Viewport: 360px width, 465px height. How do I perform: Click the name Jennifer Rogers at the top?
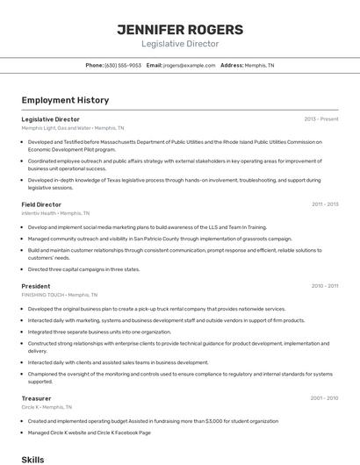click(180, 29)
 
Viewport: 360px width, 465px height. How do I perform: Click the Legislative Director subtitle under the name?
click(180, 44)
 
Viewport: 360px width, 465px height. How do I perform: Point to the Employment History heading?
click(65, 100)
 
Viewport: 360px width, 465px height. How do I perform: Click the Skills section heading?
click(32, 459)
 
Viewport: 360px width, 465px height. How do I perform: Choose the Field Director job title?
click(41, 204)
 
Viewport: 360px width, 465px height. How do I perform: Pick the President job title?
click(36, 286)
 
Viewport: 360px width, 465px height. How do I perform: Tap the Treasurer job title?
click(36, 398)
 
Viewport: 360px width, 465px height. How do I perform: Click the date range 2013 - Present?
click(320, 118)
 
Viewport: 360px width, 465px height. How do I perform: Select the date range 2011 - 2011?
click(324, 204)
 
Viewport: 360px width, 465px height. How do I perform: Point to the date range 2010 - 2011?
click(324, 286)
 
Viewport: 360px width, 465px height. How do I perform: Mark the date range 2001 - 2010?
click(324, 398)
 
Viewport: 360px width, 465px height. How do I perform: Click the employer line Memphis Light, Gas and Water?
click(73, 127)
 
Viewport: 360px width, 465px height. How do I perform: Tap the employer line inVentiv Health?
click(55, 213)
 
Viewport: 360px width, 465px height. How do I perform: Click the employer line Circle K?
click(47, 407)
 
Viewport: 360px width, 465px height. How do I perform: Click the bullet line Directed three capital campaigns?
click(83, 269)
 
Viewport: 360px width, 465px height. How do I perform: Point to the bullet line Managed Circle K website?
click(89, 432)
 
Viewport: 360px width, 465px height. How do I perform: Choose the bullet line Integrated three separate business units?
click(99, 332)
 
